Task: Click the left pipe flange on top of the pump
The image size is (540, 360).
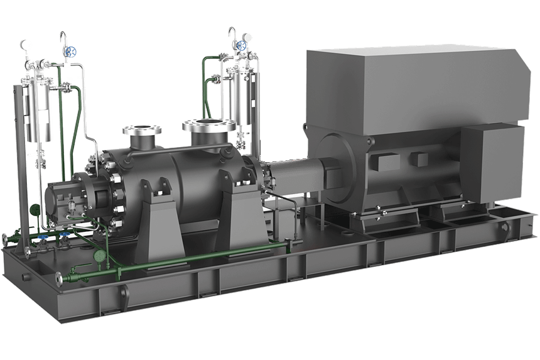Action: pos(142,130)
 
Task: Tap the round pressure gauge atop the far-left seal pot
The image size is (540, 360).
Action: pos(24,45)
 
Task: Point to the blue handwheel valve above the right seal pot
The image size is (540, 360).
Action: pos(240,46)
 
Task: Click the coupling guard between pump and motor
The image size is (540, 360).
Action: pos(295,175)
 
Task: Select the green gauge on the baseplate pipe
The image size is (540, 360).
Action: pos(99,256)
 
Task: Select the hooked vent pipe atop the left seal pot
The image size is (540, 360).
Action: pos(63,39)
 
